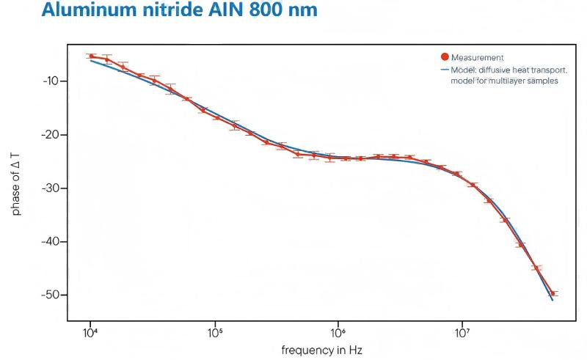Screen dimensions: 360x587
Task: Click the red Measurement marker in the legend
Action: coord(444,57)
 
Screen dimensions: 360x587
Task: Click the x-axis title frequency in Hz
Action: coord(321,350)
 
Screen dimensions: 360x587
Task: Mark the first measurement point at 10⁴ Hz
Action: coord(91,56)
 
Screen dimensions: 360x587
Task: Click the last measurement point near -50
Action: coord(553,293)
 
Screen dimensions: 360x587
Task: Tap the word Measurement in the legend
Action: coord(478,57)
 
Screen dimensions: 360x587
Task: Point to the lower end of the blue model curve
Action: coord(553,300)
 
